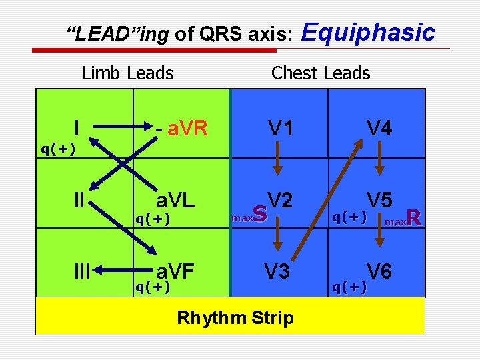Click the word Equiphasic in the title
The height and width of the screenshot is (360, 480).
[369, 33]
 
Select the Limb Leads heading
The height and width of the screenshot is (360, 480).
[127, 73]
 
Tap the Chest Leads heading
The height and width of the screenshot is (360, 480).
[321, 73]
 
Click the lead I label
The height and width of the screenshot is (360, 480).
[78, 127]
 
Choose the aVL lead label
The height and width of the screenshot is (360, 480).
[175, 199]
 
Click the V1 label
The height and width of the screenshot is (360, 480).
[279, 127]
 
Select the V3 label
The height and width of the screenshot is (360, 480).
[278, 271]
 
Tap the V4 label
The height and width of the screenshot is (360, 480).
[379, 127]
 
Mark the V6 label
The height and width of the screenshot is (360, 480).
[379, 271]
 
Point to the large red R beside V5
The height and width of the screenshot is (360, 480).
[413, 217]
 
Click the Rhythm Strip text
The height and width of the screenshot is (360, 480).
[235, 317]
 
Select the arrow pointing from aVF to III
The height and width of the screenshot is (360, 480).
[120, 271]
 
